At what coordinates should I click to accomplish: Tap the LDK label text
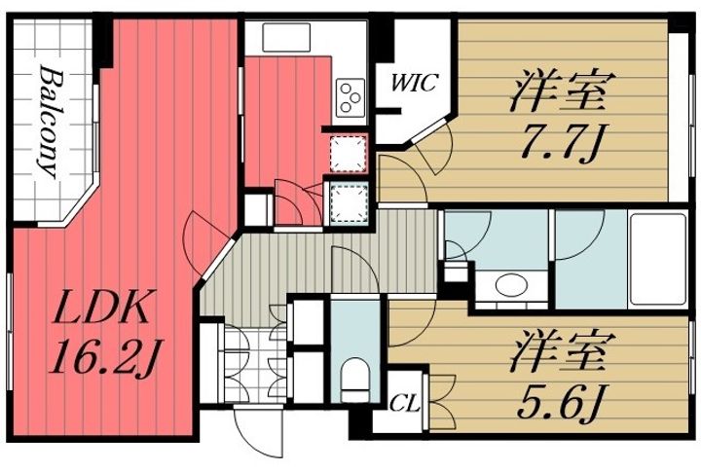click(99, 312)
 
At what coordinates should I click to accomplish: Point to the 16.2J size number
click(104, 362)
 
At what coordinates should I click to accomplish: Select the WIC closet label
click(413, 83)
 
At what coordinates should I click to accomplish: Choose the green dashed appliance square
click(346, 201)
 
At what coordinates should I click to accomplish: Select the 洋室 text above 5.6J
click(559, 350)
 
